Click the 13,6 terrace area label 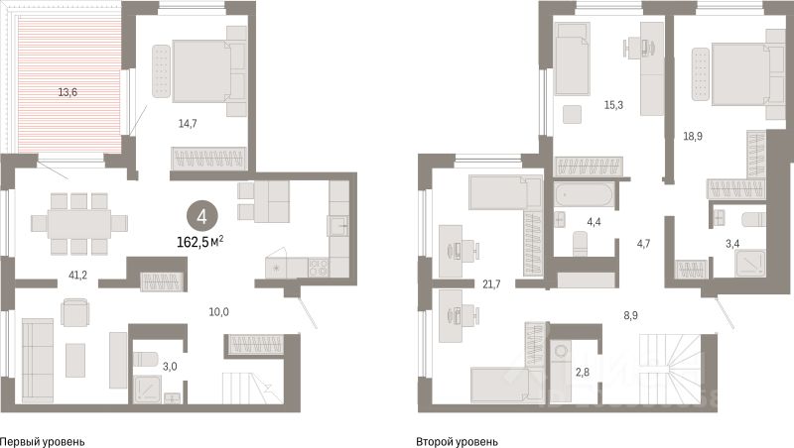pos(67,92)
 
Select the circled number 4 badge pos(202,215)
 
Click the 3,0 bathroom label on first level pos(144,366)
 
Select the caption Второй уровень pos(458,441)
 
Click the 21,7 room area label pos(490,284)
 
